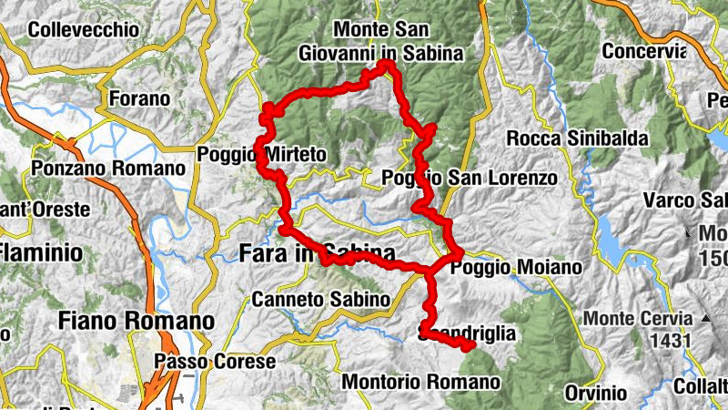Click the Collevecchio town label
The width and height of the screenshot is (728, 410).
pos(84,30)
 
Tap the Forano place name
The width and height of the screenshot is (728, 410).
pos(139,98)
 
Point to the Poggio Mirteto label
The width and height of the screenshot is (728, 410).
pos(261,156)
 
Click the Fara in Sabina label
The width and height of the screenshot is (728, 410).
pos(317,252)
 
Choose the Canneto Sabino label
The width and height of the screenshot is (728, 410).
pos(320,298)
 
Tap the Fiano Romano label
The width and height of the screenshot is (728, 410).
pos(136,322)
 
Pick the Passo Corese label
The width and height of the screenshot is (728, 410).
pos(215,362)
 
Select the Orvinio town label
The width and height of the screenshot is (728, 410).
pos(595,393)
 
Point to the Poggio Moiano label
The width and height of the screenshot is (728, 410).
pos(515,268)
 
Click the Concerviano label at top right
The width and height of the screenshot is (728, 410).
pos(642,52)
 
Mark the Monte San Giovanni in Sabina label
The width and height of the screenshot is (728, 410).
pos(380,42)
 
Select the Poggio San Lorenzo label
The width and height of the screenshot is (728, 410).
pos(468,178)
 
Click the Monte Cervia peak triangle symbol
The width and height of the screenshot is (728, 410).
pos(707,318)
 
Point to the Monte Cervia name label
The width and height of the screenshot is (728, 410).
pos(640,319)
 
